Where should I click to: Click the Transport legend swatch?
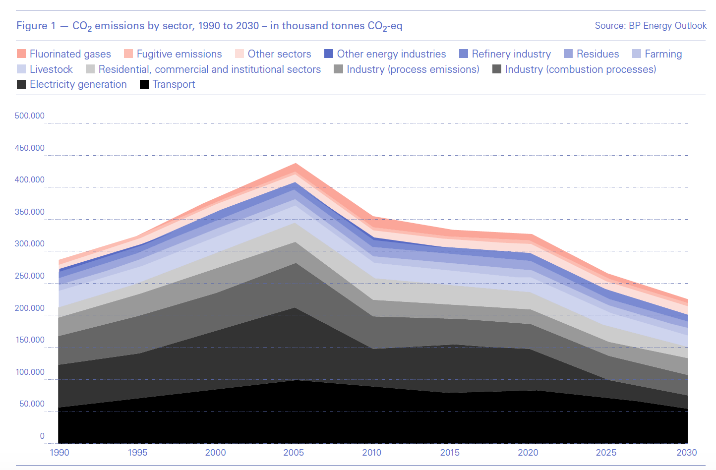[144, 84]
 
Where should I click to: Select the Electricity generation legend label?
[78, 84]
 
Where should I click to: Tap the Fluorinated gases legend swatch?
[21, 54]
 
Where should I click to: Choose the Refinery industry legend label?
[511, 54]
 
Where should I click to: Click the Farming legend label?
[663, 54]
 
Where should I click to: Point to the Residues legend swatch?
[568, 54]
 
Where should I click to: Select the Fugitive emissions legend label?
[179, 54]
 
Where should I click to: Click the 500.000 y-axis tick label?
[30, 116]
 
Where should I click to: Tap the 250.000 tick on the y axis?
[30, 276]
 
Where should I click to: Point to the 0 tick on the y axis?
[42, 436]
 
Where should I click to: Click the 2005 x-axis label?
[294, 453]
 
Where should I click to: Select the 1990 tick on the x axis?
[60, 453]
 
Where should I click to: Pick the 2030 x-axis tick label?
[687, 453]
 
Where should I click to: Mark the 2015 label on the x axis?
[450, 453]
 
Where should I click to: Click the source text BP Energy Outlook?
[667, 26]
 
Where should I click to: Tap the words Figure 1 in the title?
[36, 26]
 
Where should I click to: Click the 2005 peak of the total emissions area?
[296, 164]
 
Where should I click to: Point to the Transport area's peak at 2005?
[296, 380]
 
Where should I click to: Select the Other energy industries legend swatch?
[329, 54]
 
